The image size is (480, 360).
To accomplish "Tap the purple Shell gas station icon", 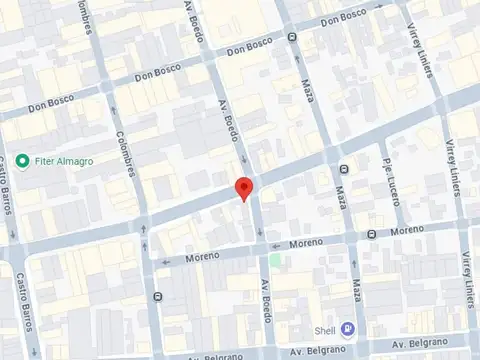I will click(346, 328).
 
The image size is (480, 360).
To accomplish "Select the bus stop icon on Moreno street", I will click(370, 235).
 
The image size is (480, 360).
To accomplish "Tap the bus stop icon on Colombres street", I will click(157, 297).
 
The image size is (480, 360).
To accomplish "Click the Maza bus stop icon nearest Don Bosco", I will click(292, 38).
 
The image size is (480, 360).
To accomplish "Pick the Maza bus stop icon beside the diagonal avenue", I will click(343, 169).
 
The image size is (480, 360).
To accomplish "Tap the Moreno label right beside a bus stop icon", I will click(407, 231).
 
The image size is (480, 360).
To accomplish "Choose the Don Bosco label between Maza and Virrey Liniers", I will click(344, 19).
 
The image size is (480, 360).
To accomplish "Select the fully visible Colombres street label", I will click(126, 154).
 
